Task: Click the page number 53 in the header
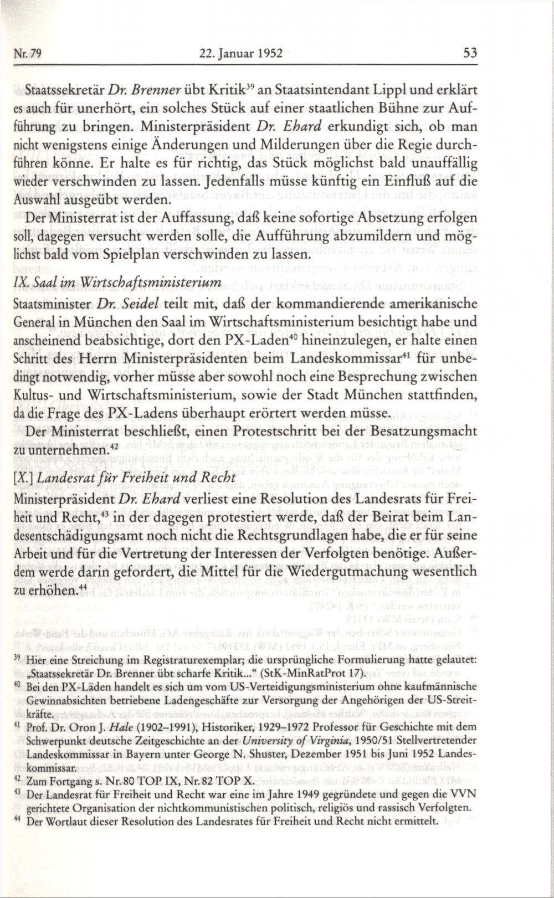469,54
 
